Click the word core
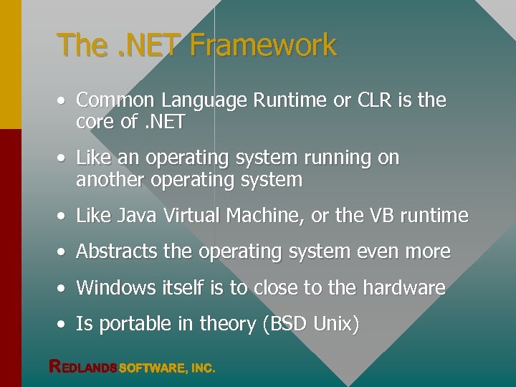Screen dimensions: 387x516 pos(95,123)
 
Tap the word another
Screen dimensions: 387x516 pos(110,180)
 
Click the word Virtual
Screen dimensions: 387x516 pos(189,216)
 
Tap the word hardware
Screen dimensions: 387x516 pos(404,287)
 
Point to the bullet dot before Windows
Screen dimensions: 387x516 pos(64,289)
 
